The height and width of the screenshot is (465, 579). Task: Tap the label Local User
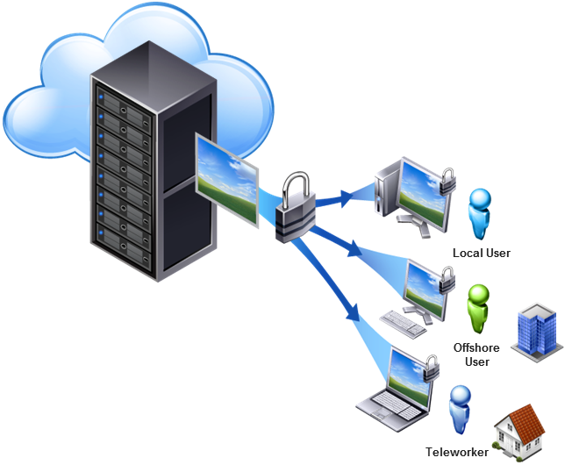click(481, 254)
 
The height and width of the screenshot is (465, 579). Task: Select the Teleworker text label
click(456, 452)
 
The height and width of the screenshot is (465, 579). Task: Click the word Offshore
click(476, 347)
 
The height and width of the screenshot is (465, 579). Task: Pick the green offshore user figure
click(477, 308)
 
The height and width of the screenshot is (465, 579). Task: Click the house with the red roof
click(519, 430)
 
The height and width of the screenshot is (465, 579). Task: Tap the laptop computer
click(395, 386)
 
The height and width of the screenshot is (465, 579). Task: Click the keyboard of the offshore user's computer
click(404, 322)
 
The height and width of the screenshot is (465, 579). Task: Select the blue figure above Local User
click(479, 213)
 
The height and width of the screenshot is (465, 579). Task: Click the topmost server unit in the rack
click(124, 91)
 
